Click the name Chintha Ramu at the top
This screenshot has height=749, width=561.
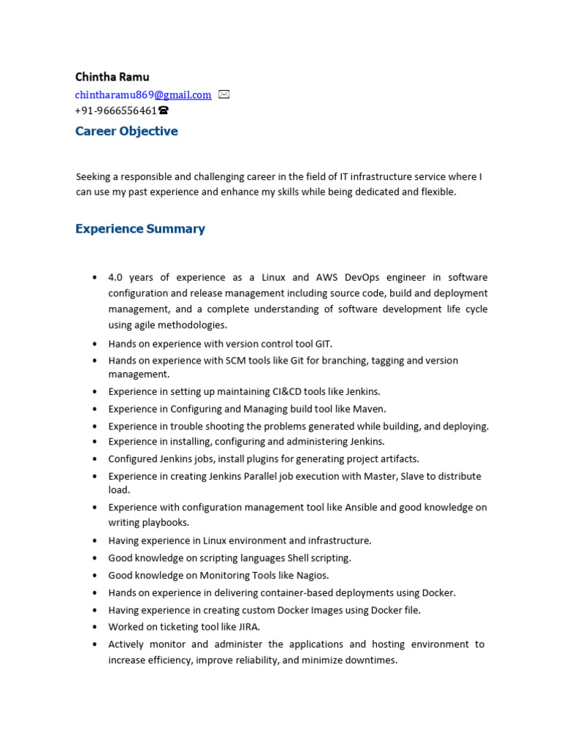click(112, 77)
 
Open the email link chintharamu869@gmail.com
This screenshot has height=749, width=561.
click(143, 95)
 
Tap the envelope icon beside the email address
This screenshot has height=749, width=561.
click(224, 94)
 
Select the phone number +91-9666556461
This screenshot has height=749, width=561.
click(115, 110)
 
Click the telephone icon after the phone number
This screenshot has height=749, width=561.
click(163, 110)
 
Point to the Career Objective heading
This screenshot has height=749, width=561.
click(126, 132)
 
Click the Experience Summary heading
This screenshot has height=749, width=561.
click(140, 229)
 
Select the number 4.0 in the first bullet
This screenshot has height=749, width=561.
click(116, 277)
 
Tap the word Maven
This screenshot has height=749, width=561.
click(368, 409)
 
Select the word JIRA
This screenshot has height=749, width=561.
click(245, 627)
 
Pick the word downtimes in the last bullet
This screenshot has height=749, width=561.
click(371, 660)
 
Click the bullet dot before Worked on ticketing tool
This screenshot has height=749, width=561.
click(95, 628)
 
